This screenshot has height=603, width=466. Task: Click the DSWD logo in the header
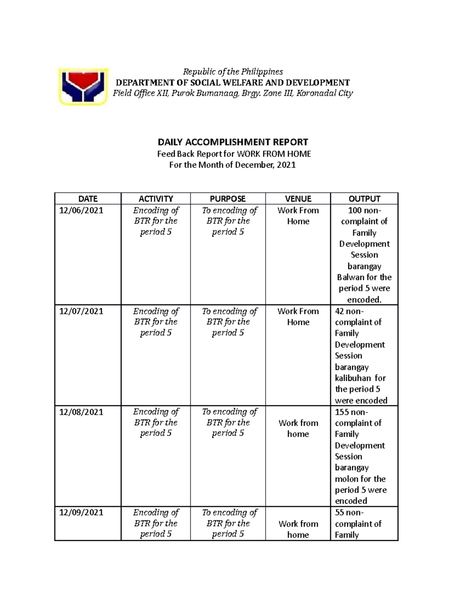pos(83,87)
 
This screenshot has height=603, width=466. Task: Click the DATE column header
pos(88,199)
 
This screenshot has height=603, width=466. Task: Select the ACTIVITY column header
pos(156,199)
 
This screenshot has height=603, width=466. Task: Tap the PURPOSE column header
pos(228,199)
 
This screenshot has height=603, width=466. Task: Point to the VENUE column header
pos(298,199)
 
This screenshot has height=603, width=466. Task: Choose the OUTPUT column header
pos(364,199)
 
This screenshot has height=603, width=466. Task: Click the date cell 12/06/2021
pos(81,210)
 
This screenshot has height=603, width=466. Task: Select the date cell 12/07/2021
pos(81,311)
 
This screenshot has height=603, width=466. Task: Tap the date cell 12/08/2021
pos(81,412)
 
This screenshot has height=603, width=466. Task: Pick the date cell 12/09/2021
pos(81,512)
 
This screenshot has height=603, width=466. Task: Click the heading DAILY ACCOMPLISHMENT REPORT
pos(233,142)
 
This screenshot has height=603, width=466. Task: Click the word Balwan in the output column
pos(350,277)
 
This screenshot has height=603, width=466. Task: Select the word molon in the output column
pos(346,479)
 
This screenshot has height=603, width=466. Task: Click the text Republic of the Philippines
pos(233,72)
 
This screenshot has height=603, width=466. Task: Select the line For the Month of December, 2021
pos(233,165)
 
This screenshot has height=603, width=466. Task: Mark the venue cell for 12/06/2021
pos(298,216)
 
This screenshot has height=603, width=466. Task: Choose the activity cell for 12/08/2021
pos(156,422)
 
